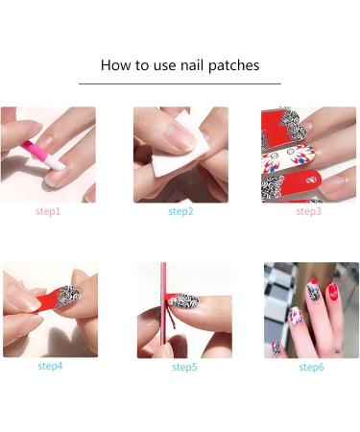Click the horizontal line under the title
coord(180,84)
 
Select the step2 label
coord(180,210)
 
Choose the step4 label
coord(50,366)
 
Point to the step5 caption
coord(184,367)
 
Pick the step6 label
coord(311,367)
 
